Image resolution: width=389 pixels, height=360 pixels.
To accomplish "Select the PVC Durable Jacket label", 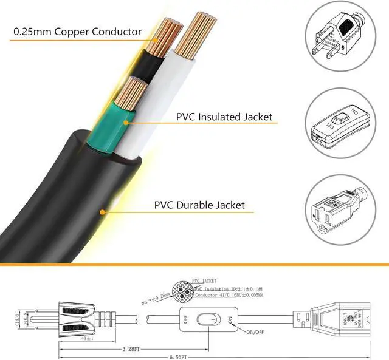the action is (x=200, y=205).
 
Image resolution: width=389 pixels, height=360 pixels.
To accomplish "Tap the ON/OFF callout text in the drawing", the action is (x=256, y=331).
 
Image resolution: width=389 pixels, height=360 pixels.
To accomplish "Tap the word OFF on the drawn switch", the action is (x=185, y=319).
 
